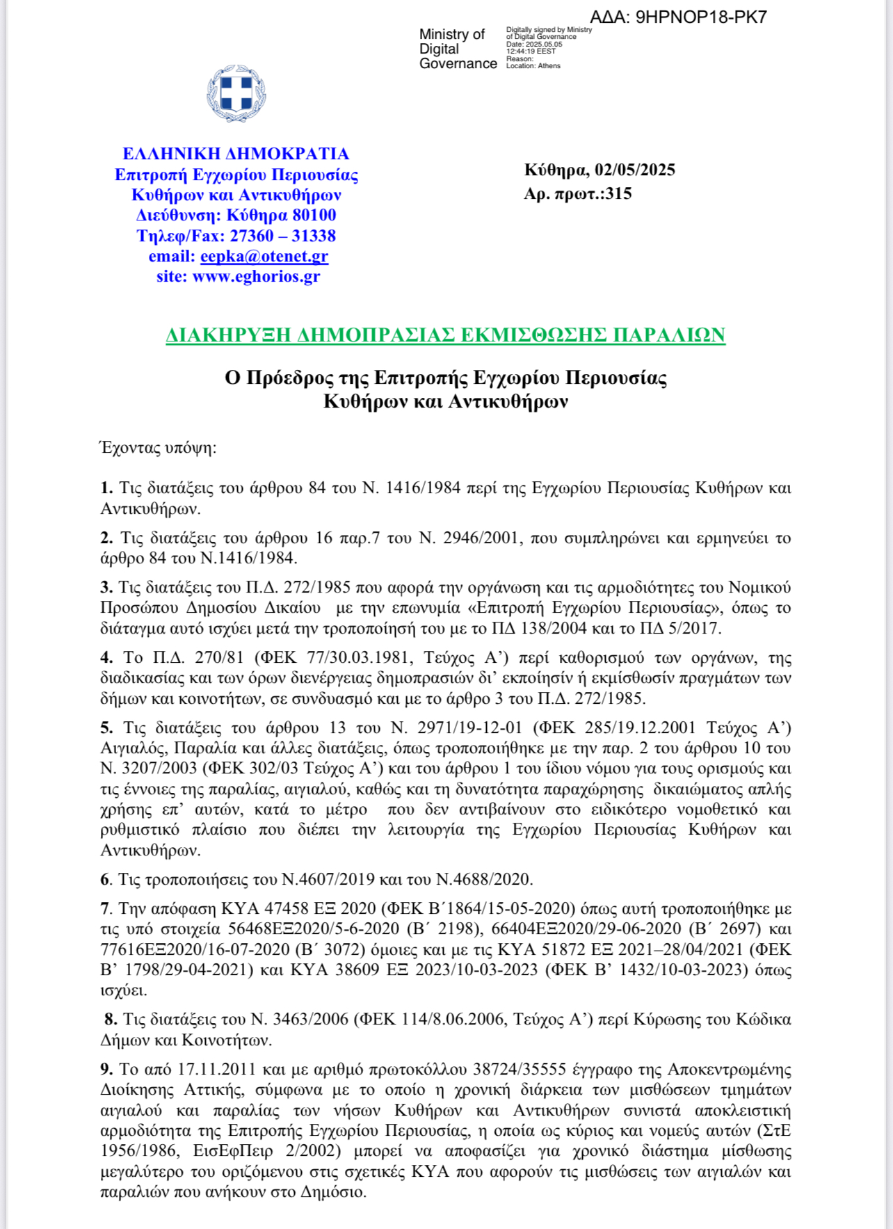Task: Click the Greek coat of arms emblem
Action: pos(236,94)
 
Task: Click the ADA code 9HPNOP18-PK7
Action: pos(701,17)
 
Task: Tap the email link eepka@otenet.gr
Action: pos(264,257)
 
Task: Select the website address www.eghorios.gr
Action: pos(256,277)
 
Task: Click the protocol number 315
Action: pos(618,194)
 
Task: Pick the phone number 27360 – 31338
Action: pos(282,236)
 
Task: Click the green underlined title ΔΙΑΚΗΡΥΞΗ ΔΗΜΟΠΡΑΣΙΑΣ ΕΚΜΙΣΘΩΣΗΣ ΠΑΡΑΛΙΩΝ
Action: pos(445,335)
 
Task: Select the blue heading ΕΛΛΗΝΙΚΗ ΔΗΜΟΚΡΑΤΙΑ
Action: pos(236,154)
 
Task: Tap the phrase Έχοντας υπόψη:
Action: pos(159,447)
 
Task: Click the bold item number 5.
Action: pos(106,728)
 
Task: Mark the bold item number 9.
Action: pos(106,1068)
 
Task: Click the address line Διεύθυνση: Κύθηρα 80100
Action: pos(236,216)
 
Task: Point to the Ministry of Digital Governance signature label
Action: pos(458,49)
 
